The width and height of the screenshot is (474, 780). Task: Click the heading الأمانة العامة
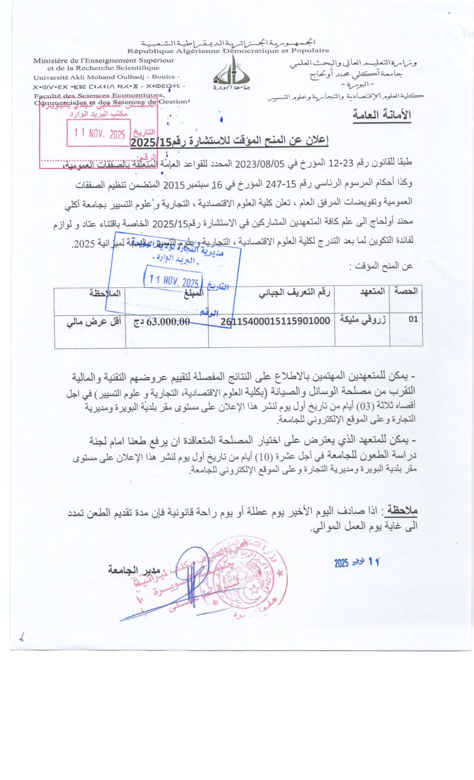(x=382, y=115)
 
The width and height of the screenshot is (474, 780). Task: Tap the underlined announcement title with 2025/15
(x=230, y=141)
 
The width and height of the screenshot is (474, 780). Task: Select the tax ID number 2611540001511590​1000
(x=275, y=321)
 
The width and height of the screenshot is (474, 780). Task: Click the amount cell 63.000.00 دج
(x=162, y=322)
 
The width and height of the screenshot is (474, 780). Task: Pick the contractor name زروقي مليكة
(x=363, y=320)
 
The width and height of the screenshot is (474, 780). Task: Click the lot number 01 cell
(x=413, y=319)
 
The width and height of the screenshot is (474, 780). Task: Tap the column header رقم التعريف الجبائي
(x=294, y=293)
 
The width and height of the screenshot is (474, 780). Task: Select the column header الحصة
(x=406, y=291)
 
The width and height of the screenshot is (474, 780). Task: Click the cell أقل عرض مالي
(x=94, y=322)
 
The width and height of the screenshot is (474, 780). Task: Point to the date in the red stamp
(x=100, y=133)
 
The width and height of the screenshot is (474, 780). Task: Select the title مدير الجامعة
(x=134, y=570)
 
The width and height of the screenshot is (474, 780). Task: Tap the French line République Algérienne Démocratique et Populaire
(x=228, y=51)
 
